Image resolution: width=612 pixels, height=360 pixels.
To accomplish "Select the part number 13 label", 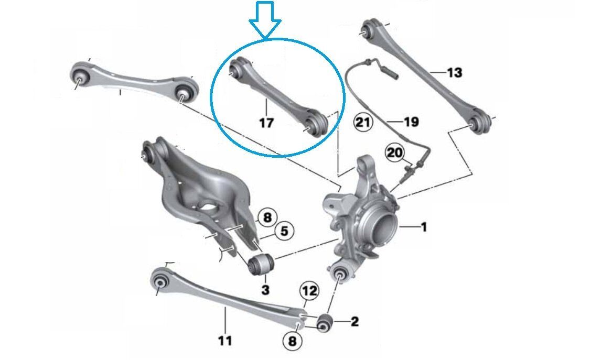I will [454, 72].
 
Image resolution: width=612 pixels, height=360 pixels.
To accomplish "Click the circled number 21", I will [362, 123].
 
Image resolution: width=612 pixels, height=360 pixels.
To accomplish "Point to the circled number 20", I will [395, 153].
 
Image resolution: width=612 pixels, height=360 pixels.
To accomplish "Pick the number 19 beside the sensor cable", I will [411, 122].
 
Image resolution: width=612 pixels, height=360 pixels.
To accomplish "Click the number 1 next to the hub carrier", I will [423, 227].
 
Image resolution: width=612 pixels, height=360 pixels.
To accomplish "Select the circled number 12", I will [309, 291].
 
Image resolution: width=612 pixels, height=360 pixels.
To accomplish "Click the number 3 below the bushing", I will [265, 289].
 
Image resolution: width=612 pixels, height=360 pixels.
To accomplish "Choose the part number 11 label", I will [224, 341].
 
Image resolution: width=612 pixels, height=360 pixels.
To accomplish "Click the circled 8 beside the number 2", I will [293, 342].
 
